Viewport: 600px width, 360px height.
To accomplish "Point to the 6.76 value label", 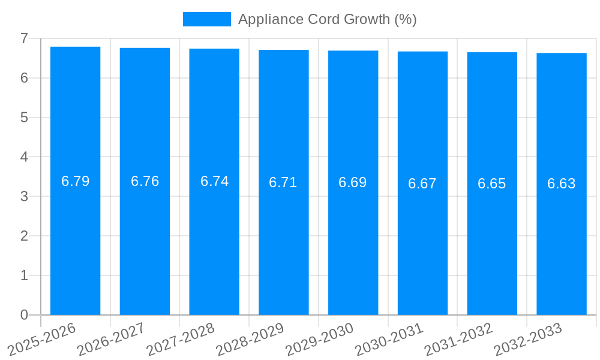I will coord(145,181).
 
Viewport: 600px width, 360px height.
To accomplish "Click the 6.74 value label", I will coord(214,181).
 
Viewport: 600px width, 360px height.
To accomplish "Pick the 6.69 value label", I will coord(353,182).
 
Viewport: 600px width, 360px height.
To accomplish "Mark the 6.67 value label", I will coord(422,184).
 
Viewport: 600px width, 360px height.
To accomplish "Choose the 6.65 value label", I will coord(492,184).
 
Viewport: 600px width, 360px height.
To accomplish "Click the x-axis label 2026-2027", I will coord(112,339).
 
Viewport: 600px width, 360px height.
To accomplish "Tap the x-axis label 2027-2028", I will coord(181,339).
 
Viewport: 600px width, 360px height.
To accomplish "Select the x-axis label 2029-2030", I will coord(320,339).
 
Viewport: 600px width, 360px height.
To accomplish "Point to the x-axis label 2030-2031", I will coord(389,339).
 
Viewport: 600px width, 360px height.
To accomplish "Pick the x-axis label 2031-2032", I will coord(459,339).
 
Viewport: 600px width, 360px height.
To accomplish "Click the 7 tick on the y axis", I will coord(24,38).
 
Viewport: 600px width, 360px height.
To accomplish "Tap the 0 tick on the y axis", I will coord(24,315).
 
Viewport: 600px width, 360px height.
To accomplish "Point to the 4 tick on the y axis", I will coord(24,157).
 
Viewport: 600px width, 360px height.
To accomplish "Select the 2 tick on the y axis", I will coord(24,236).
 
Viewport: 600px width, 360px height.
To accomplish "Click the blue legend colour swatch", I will coord(206,19).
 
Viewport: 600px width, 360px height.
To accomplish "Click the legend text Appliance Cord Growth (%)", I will coord(327,19).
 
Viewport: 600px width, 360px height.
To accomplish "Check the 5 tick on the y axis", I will coord(24,118).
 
